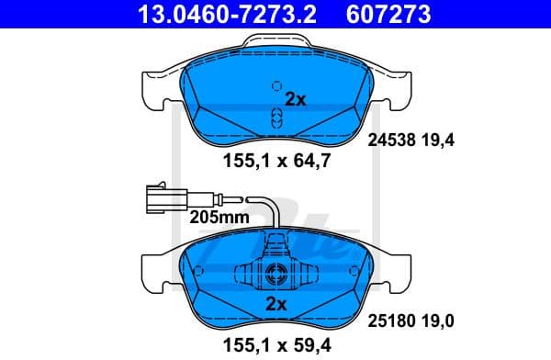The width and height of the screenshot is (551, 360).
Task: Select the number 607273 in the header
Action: point(388,14)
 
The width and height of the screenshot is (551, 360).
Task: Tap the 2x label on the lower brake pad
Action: point(276,302)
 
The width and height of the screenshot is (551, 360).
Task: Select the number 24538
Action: point(391,141)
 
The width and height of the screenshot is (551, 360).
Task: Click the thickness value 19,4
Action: point(438,141)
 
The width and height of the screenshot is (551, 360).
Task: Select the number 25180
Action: point(391,320)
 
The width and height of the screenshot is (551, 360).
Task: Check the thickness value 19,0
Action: point(438,320)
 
